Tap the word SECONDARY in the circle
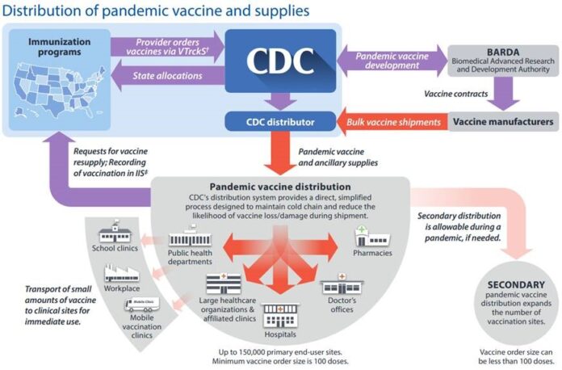pyautogui.click(x=517, y=284)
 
